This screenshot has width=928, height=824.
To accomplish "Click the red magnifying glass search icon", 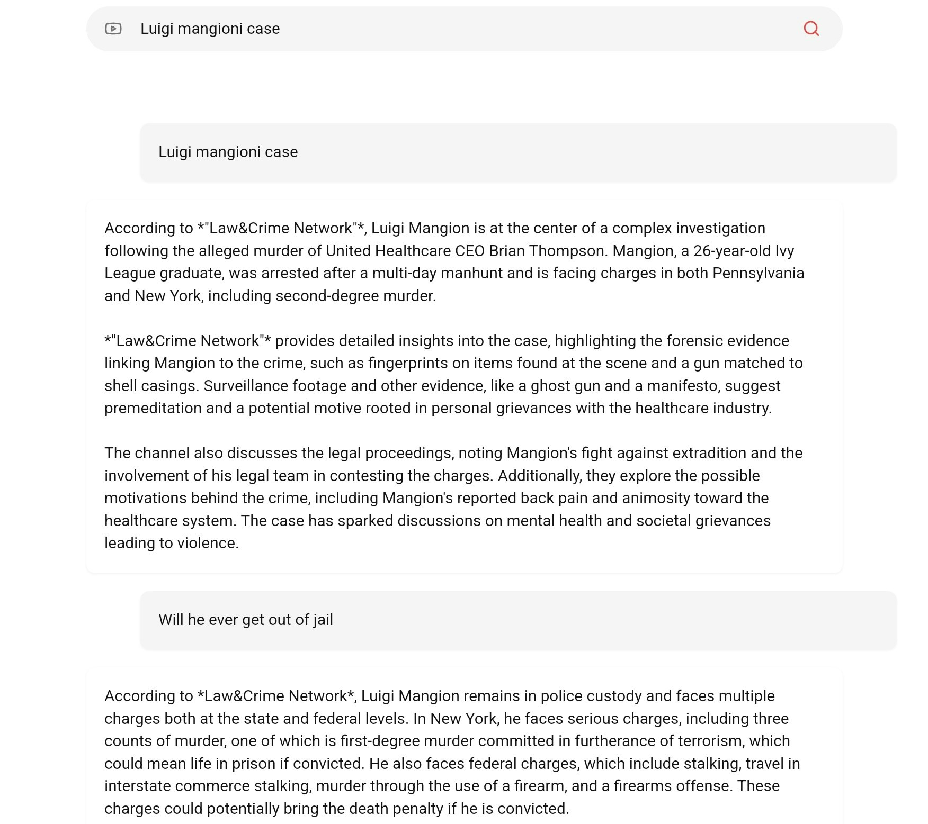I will click(x=811, y=29).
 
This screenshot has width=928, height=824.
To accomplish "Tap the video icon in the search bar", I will click(x=113, y=29).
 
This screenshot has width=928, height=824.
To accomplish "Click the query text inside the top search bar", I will click(x=210, y=29).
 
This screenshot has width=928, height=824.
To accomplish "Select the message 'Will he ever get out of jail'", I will click(x=246, y=620).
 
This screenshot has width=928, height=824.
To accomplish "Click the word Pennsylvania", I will click(x=758, y=273).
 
